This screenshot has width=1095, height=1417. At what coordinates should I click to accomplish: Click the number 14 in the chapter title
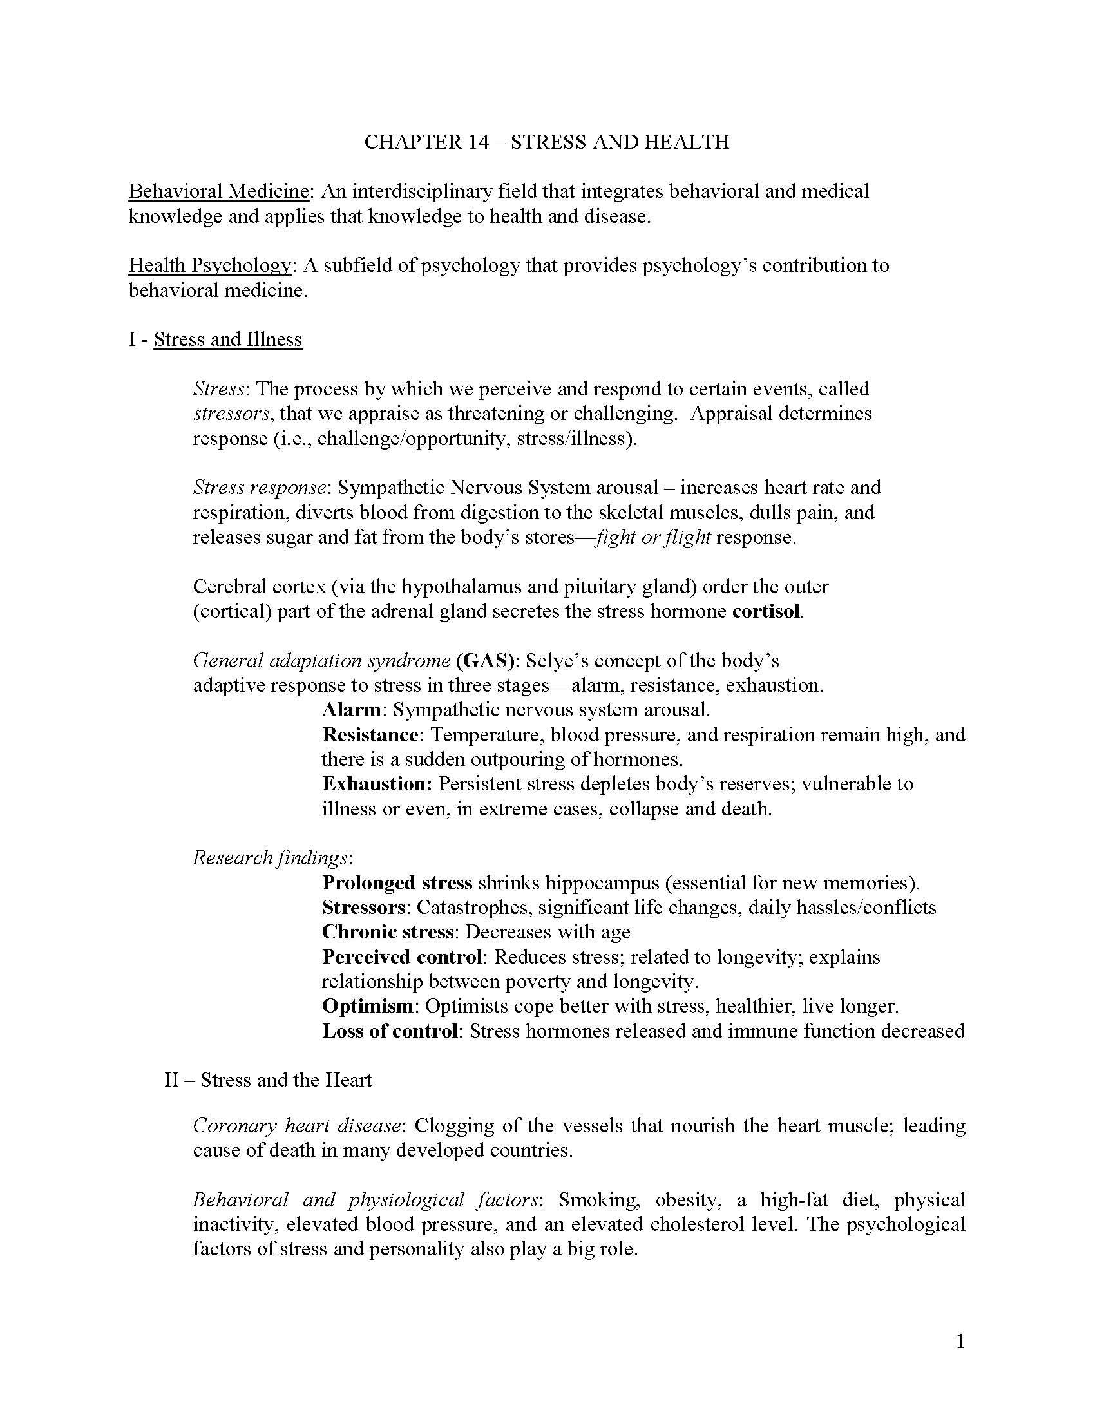[478, 142]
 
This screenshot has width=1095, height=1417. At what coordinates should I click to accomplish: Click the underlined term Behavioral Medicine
[218, 191]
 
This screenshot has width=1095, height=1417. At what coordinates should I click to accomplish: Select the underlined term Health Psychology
[209, 265]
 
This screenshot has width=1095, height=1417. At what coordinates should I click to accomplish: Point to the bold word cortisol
[766, 611]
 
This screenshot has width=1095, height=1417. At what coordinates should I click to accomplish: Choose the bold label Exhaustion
[377, 784]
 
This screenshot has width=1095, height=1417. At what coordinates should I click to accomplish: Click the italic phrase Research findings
[271, 859]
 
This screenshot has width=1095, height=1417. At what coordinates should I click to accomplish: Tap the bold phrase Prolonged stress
[397, 883]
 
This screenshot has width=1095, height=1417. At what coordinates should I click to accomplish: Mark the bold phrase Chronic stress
[387, 933]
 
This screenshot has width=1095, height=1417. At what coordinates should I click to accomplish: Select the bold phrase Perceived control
[402, 957]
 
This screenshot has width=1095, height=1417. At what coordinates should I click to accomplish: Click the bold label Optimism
[367, 1006]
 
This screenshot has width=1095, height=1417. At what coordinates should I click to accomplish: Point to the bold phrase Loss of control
[390, 1031]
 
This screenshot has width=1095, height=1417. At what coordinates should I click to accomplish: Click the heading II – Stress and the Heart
[268, 1080]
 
